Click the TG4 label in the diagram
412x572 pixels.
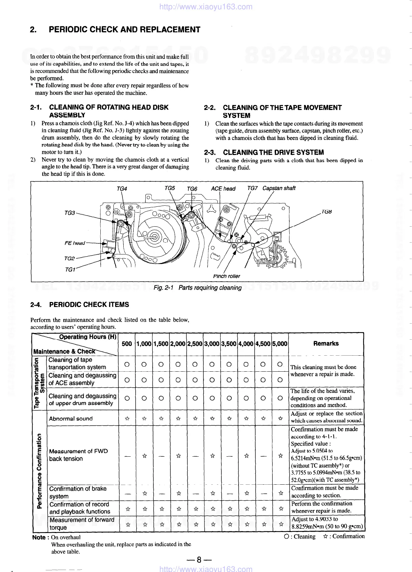(x=122, y=189)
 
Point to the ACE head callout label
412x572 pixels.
(x=223, y=189)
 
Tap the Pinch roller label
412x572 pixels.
(x=226, y=276)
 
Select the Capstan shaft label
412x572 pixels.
(x=279, y=188)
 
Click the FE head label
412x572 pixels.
(x=75, y=243)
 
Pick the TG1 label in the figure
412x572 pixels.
(x=70, y=269)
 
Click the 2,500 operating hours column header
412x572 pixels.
(x=195, y=344)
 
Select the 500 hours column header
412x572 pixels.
(x=127, y=344)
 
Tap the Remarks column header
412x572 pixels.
(x=326, y=343)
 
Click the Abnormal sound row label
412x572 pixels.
(x=71, y=418)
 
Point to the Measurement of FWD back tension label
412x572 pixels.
(x=78, y=455)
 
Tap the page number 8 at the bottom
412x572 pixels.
(x=199, y=560)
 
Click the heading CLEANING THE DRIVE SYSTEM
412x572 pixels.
(x=273, y=152)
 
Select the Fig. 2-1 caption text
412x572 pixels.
(x=197, y=288)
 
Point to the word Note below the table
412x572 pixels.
(x=39, y=537)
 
